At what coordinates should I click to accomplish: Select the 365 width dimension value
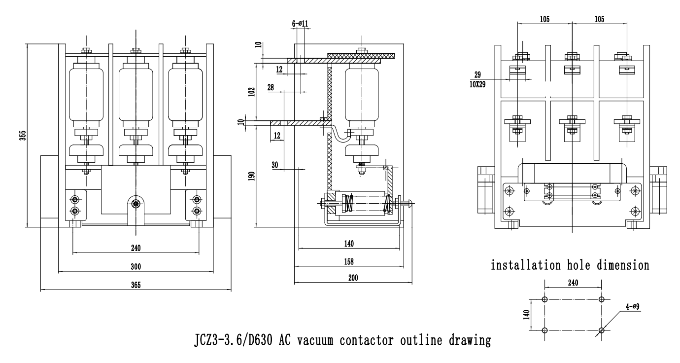[136, 286]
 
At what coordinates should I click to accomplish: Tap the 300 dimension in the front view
[136, 267]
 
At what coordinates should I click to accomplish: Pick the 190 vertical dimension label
[252, 176]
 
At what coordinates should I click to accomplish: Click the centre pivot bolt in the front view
[136, 203]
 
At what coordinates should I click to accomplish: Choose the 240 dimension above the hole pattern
[573, 283]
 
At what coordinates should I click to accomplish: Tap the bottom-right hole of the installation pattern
[601, 330]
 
